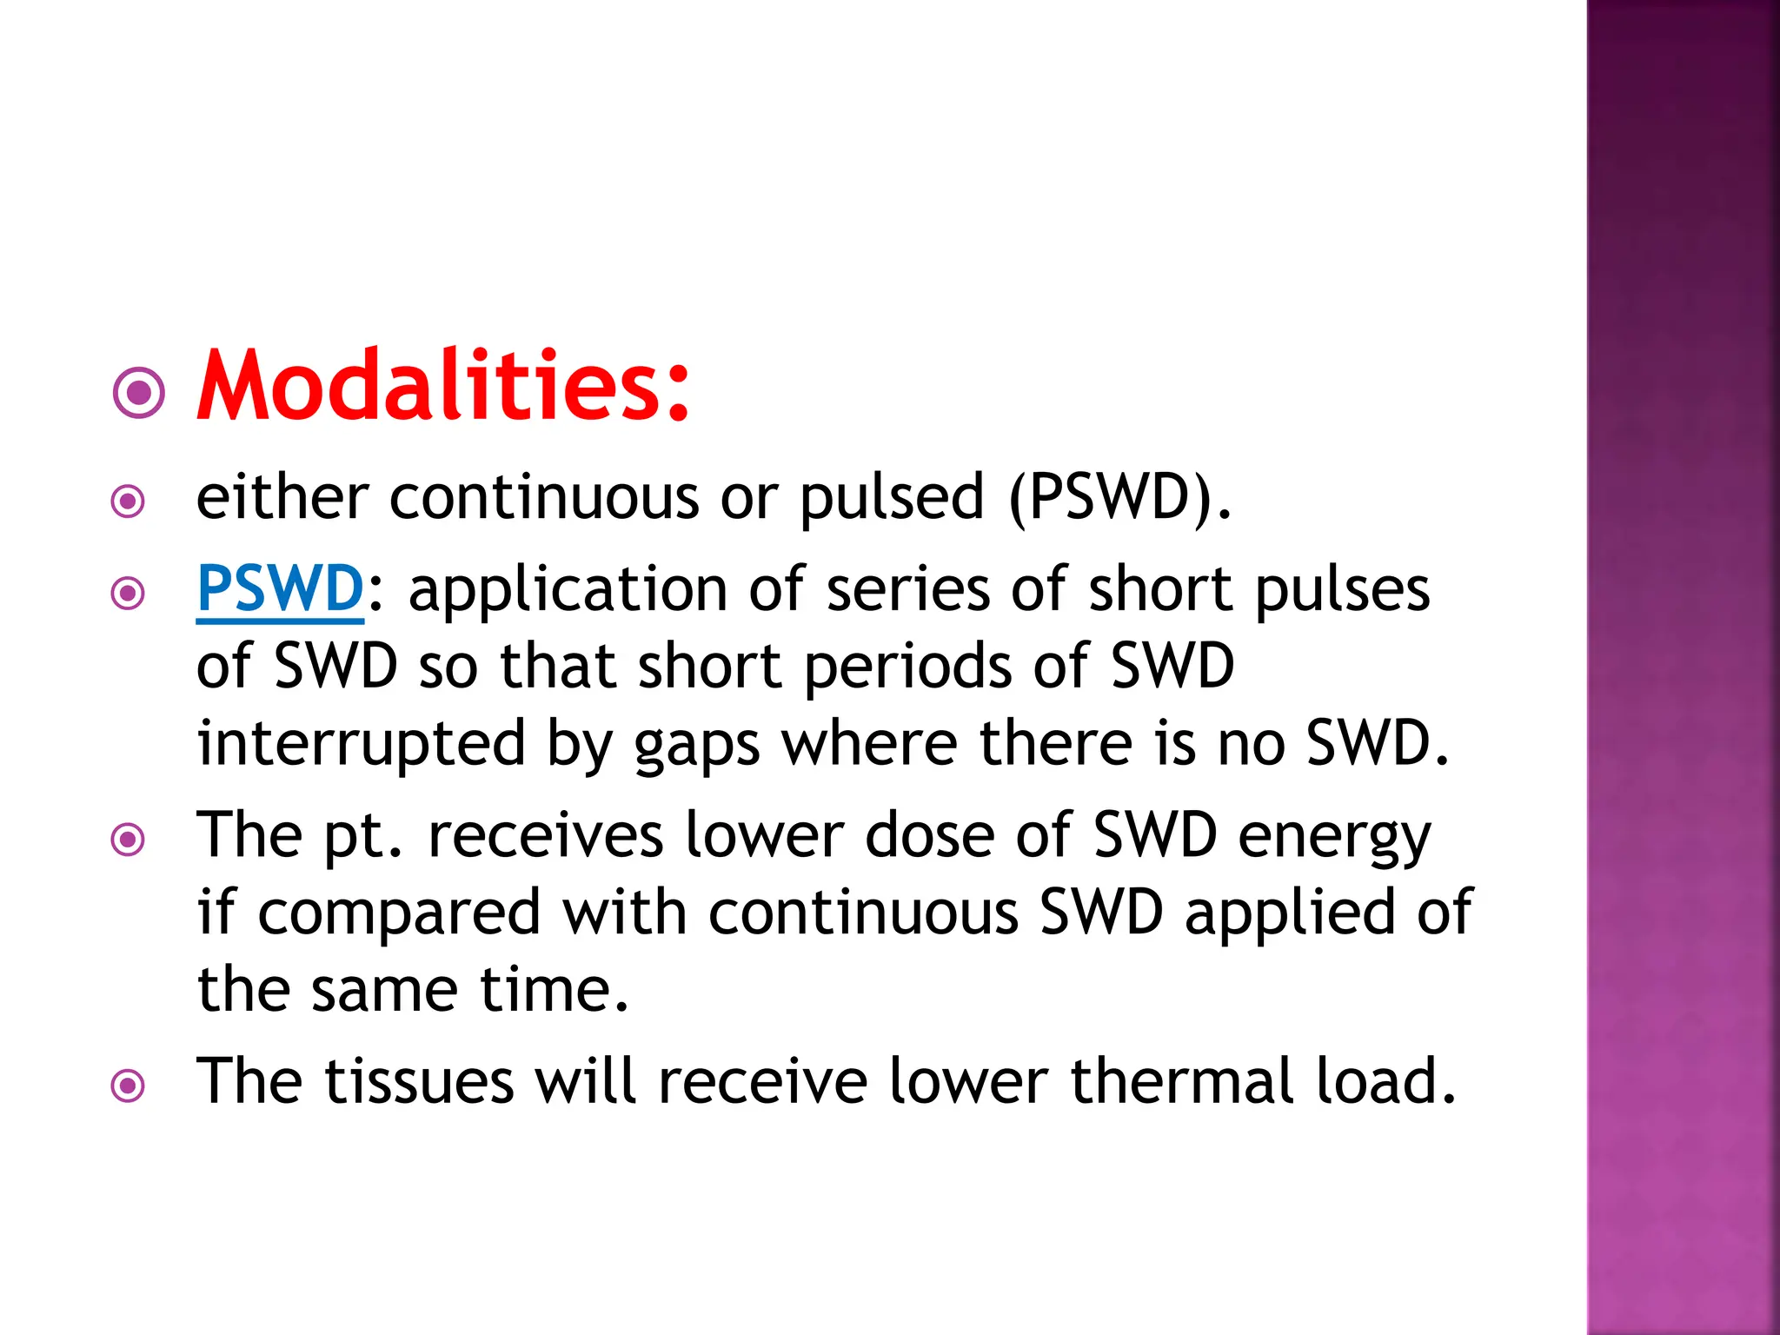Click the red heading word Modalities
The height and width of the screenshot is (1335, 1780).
click(443, 385)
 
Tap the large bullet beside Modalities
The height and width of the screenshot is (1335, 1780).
click(139, 393)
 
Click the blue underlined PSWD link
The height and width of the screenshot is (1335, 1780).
click(280, 588)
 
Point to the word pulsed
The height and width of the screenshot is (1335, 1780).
click(892, 499)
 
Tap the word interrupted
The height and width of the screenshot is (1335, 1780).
click(362, 744)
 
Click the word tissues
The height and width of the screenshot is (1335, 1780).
click(419, 1081)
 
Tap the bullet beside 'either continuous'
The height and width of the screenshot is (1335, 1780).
click(129, 501)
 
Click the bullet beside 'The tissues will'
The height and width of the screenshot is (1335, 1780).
click(129, 1086)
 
